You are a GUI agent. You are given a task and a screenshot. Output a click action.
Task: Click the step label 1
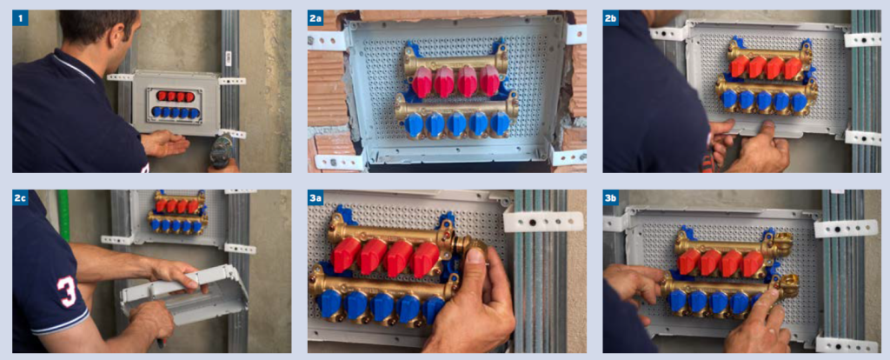(x=21, y=18)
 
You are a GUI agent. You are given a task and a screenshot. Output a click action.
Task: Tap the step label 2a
(x=316, y=18)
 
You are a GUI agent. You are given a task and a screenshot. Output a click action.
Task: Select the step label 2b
(x=612, y=18)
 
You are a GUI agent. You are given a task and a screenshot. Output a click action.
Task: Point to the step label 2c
(x=22, y=198)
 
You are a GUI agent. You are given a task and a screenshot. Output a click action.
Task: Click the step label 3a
(x=316, y=198)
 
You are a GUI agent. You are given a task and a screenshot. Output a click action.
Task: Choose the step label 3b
(x=612, y=198)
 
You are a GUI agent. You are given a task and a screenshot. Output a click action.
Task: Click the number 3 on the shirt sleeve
(x=66, y=291)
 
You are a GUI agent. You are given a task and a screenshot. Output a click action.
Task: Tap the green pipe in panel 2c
(x=64, y=217)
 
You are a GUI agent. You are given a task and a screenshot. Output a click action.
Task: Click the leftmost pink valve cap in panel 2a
(x=422, y=81)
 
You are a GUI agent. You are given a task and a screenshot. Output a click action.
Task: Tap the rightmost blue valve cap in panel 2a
(x=500, y=124)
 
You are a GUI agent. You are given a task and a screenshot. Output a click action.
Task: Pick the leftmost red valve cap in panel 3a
(x=346, y=255)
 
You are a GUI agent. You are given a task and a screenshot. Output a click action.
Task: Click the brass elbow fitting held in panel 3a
(x=474, y=249)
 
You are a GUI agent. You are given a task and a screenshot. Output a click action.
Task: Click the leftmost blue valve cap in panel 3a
(x=329, y=303)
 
